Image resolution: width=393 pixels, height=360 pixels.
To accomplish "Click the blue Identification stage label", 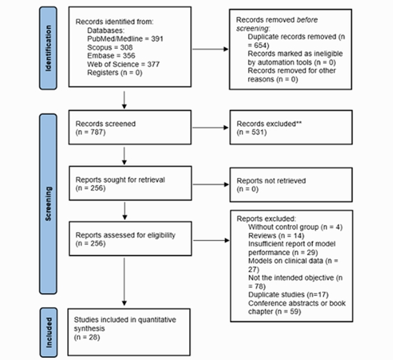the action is pyautogui.click(x=48, y=48).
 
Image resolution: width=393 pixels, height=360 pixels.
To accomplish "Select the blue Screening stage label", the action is pyautogui.click(x=48, y=204).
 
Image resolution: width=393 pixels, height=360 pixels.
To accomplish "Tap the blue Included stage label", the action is pyautogui.click(x=49, y=332).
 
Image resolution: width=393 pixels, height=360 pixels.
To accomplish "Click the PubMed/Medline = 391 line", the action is pyautogui.click(x=125, y=39).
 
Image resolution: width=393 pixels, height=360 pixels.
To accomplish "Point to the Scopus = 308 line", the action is pyautogui.click(x=110, y=47).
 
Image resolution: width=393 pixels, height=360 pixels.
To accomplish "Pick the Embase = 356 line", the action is pyautogui.click(x=111, y=56).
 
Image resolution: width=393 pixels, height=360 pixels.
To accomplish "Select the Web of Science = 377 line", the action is pyautogui.click(x=124, y=64).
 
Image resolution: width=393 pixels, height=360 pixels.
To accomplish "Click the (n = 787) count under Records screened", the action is pyautogui.click(x=91, y=132).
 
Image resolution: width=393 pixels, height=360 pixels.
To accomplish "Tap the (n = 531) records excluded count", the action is pyautogui.click(x=252, y=132).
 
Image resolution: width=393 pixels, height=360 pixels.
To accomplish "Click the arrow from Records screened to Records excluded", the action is pyautogui.click(x=210, y=128).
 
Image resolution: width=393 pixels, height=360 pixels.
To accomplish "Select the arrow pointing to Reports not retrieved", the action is pyautogui.click(x=211, y=184).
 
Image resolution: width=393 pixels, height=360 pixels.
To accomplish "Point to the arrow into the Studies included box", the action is pyautogui.click(x=124, y=282).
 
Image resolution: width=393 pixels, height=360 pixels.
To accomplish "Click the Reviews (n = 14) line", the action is pyautogui.click(x=277, y=236).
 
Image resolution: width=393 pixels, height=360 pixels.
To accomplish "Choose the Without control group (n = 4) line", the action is pyautogui.click(x=295, y=227).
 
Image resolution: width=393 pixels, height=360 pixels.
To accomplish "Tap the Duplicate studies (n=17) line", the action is pyautogui.click(x=288, y=294).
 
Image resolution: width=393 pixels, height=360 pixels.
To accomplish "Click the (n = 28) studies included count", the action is pyautogui.click(x=87, y=337).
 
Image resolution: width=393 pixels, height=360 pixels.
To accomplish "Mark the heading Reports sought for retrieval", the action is pyautogui.click(x=120, y=179).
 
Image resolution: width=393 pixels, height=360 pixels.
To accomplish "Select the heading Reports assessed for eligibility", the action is pyautogui.click(x=125, y=235).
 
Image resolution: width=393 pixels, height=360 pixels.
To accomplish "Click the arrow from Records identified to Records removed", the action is pyautogui.click(x=210, y=49).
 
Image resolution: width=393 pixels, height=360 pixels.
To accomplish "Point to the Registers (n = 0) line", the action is pyautogui.click(x=114, y=73).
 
